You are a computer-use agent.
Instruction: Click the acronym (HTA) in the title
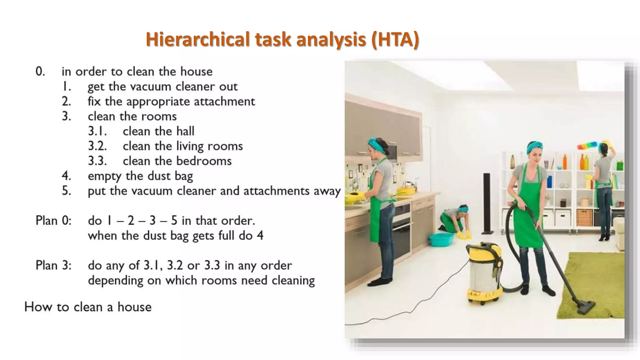coord(395,40)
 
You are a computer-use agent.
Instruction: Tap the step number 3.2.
coord(97,146)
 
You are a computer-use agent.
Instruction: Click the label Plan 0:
coord(53,221)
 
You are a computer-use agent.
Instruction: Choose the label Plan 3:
coord(53,265)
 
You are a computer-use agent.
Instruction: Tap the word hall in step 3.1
coord(185,131)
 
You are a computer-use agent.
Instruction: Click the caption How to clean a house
coord(88,307)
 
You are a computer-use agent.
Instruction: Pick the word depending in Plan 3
coord(115,281)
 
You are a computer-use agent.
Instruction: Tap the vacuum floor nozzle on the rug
coord(586,306)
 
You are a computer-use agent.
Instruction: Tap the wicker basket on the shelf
coord(584,217)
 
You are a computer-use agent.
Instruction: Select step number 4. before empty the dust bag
coord(66,176)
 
